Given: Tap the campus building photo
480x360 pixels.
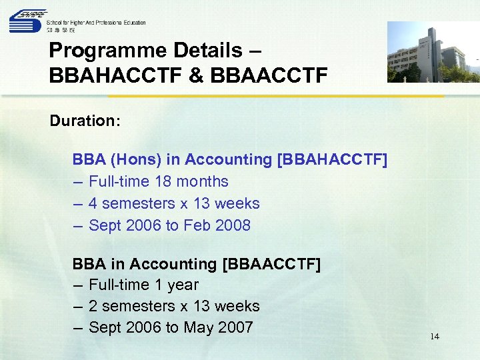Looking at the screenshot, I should click(x=433, y=52).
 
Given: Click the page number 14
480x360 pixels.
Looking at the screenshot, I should click(x=435, y=337).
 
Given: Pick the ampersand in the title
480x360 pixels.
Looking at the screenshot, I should click(x=198, y=75).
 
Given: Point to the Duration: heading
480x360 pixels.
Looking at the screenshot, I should click(x=85, y=121).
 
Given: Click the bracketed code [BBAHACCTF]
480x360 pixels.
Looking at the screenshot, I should click(x=333, y=159).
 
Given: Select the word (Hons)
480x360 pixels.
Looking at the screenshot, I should click(x=136, y=159).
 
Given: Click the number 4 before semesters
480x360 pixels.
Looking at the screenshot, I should click(x=93, y=203).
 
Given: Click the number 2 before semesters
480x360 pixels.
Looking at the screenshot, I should click(x=93, y=306).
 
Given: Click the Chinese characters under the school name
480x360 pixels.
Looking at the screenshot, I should click(x=61, y=30).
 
